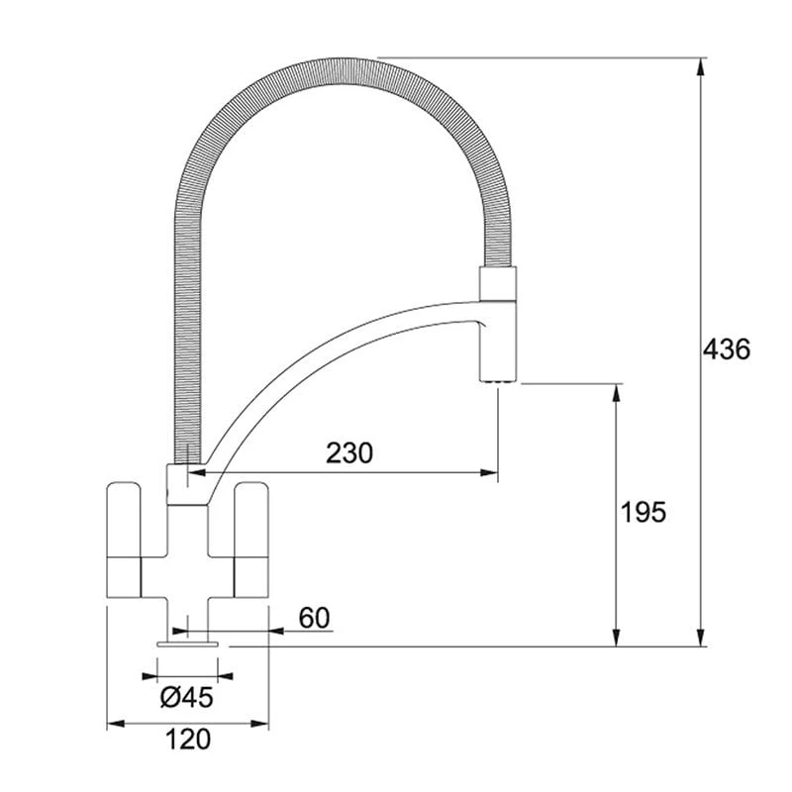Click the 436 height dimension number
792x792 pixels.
[x=728, y=349]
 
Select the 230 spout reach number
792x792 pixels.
[x=349, y=453]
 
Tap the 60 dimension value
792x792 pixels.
[x=313, y=618]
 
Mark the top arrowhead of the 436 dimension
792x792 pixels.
[x=701, y=65]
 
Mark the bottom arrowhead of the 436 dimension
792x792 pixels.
[x=701, y=638]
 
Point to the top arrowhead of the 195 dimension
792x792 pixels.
[x=617, y=392]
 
